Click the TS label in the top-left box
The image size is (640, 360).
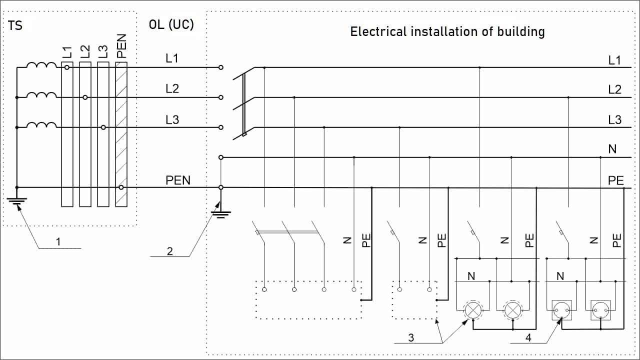pyautogui.click(x=15, y=25)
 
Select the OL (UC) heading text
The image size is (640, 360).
pyautogui.click(x=171, y=24)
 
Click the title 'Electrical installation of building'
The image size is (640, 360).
pyautogui.click(x=447, y=31)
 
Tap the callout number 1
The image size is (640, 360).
pyautogui.click(x=58, y=241)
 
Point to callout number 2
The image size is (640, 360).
pyautogui.click(x=169, y=251)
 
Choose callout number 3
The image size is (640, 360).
pyautogui.click(x=411, y=337)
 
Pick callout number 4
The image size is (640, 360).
pyautogui.click(x=528, y=337)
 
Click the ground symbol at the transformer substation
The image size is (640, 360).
pyautogui.click(x=17, y=201)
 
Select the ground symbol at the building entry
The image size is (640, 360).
pyautogui.click(x=221, y=214)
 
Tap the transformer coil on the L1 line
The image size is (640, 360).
pyautogui.click(x=41, y=66)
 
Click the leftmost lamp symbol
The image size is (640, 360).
pyautogui.click(x=472, y=310)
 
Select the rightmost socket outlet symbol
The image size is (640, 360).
pyautogui.click(x=600, y=310)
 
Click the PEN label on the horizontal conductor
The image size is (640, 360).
pyautogui.click(x=178, y=180)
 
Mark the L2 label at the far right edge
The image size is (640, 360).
pyautogui.click(x=614, y=90)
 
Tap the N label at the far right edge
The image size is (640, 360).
pyautogui.click(x=612, y=149)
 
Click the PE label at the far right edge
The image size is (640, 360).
pyautogui.click(x=615, y=180)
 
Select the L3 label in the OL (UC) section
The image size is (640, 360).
pyautogui.click(x=172, y=119)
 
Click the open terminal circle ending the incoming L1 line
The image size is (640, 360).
pyautogui.click(x=221, y=67)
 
